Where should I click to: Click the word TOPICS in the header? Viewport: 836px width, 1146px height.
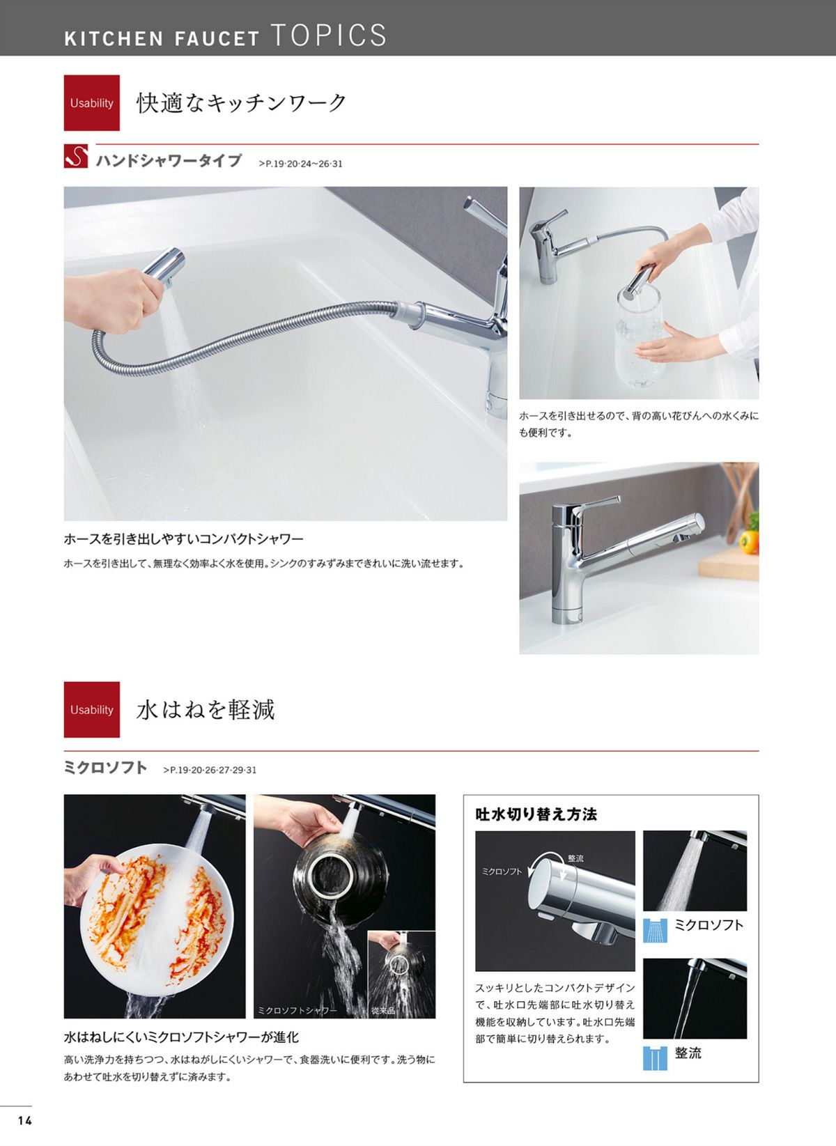(x=328, y=35)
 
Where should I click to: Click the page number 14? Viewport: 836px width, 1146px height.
(x=24, y=1120)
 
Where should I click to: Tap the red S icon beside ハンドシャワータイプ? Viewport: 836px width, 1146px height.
(x=76, y=156)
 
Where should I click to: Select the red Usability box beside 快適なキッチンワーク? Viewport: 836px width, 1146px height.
(x=91, y=103)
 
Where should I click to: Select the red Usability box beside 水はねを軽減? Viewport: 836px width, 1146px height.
(x=91, y=710)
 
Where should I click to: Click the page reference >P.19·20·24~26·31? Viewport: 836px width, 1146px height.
(x=301, y=164)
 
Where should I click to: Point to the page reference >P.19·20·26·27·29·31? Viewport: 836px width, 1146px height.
(x=210, y=770)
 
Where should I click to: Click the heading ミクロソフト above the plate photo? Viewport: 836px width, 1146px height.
(x=105, y=768)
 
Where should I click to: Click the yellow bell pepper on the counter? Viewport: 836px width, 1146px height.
(x=749, y=542)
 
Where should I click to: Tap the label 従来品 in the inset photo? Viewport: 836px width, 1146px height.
(x=383, y=1011)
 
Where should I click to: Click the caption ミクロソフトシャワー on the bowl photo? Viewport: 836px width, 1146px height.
(x=297, y=1011)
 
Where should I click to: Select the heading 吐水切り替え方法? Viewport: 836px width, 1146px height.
(x=536, y=814)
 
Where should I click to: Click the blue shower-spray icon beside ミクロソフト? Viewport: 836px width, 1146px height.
(x=655, y=930)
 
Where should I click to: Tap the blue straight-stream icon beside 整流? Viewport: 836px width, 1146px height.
(x=655, y=1058)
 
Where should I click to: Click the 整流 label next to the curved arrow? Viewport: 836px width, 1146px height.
(x=575, y=858)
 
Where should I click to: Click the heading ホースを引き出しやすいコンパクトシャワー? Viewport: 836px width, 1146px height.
(x=184, y=539)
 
